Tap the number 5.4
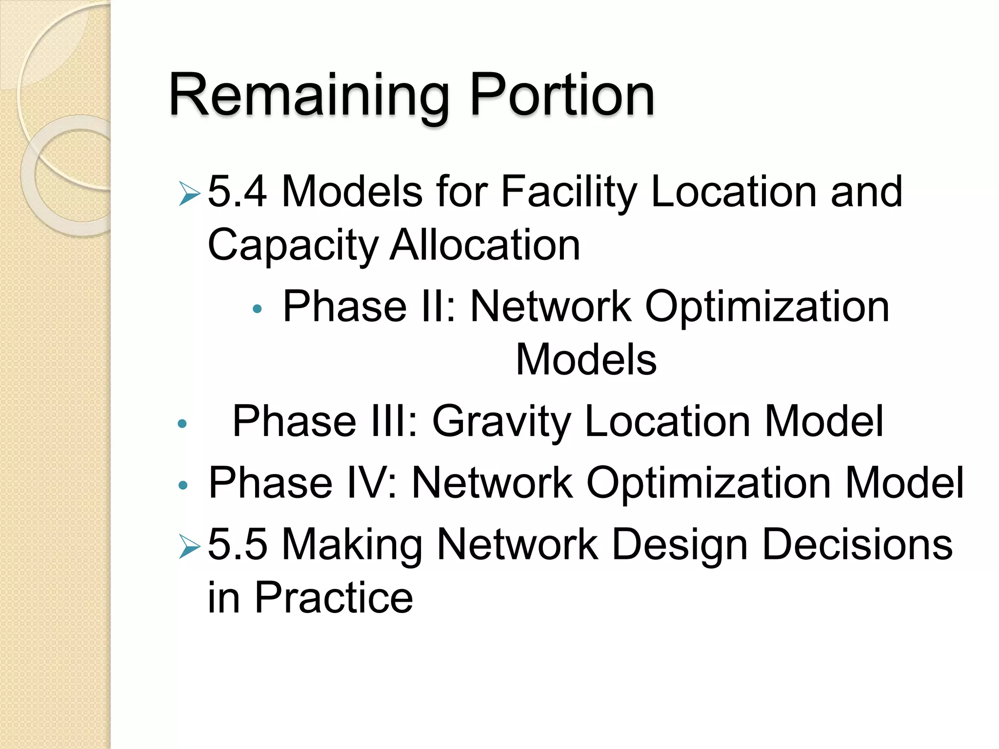pyautogui.click(x=237, y=192)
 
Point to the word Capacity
pyautogui.click(x=293, y=245)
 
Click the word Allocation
pyautogui.click(x=485, y=245)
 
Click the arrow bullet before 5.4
pyautogui.click(x=189, y=194)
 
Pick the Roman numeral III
pyautogui.click(x=395, y=421)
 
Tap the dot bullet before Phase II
pyautogui.click(x=258, y=309)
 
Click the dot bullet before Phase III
pyautogui.click(x=182, y=424)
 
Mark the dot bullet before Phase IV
pyautogui.click(x=183, y=485)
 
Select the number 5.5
pyautogui.click(x=237, y=544)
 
